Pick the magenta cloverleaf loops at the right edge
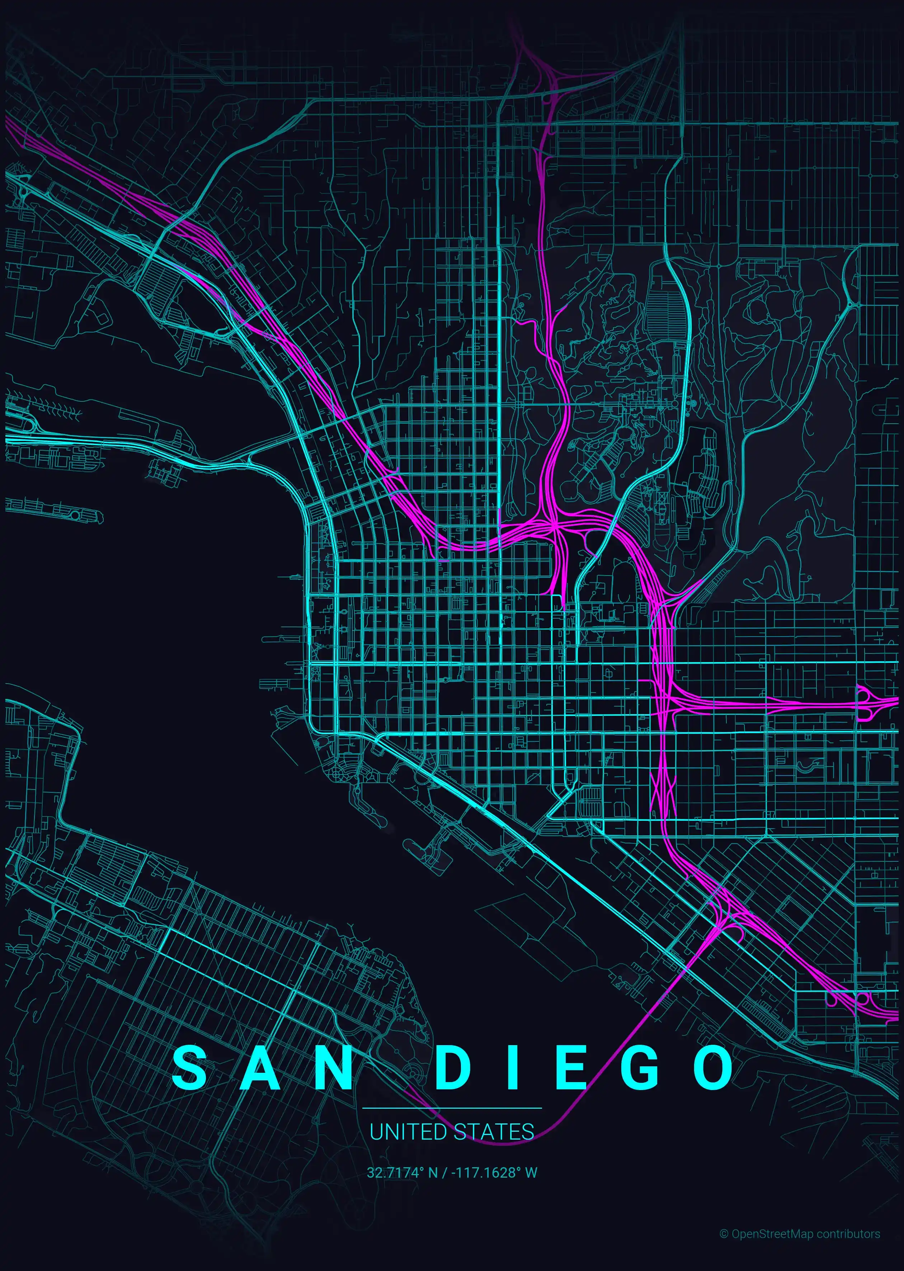click(866, 704)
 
